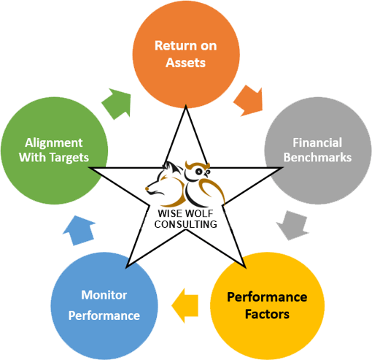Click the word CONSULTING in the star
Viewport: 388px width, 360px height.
pyautogui.click(x=185, y=224)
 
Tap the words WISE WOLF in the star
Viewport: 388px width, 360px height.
pyautogui.click(x=185, y=213)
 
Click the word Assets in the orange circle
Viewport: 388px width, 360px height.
pyautogui.click(x=185, y=63)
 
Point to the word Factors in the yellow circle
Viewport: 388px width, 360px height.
pyautogui.click(x=267, y=315)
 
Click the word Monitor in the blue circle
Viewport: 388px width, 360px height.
pyautogui.click(x=104, y=294)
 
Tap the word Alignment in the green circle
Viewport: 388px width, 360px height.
pyautogui.click(x=53, y=142)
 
